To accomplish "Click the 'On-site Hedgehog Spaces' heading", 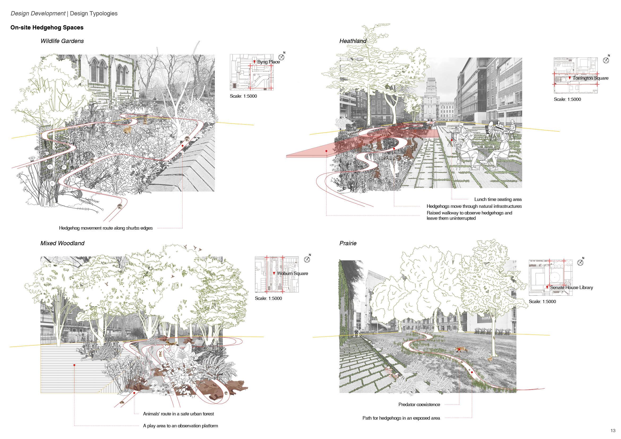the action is tap(47, 28).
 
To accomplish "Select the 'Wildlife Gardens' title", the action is tap(62, 41).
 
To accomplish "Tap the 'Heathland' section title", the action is tap(353, 41).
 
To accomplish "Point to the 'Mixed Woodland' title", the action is tap(62, 243).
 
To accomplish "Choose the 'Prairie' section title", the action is tap(348, 243).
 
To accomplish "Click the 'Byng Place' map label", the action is tap(268, 62).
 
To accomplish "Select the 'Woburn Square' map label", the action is tap(292, 273).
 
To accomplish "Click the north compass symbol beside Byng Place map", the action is tap(281, 57).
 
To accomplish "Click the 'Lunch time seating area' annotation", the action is tap(498, 200).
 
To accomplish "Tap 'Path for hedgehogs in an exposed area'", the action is tap(401, 418).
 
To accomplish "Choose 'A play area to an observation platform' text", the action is tap(180, 426).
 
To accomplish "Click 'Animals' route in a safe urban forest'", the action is tap(178, 414).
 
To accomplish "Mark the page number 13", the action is tap(613, 431).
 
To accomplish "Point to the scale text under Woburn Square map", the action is tap(268, 298).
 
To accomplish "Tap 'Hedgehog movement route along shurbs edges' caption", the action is tap(106, 228).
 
